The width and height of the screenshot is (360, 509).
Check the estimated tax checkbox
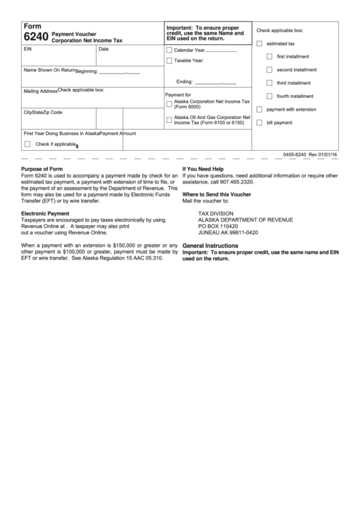259,43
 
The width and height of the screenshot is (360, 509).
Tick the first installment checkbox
270,56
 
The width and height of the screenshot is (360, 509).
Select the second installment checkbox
270,69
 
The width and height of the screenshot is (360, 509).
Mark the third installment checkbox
270,82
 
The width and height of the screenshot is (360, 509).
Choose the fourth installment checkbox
270,96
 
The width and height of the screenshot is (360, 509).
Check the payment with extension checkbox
259,109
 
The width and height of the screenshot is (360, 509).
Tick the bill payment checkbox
259,122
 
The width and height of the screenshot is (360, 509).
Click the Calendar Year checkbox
169,50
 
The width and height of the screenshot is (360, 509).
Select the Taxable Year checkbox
169,61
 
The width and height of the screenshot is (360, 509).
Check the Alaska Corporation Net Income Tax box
169,104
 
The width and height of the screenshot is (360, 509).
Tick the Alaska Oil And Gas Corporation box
169,120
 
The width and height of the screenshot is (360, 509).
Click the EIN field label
28,50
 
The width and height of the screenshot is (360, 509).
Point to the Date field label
104,50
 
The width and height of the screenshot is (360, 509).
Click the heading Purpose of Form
42,169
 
